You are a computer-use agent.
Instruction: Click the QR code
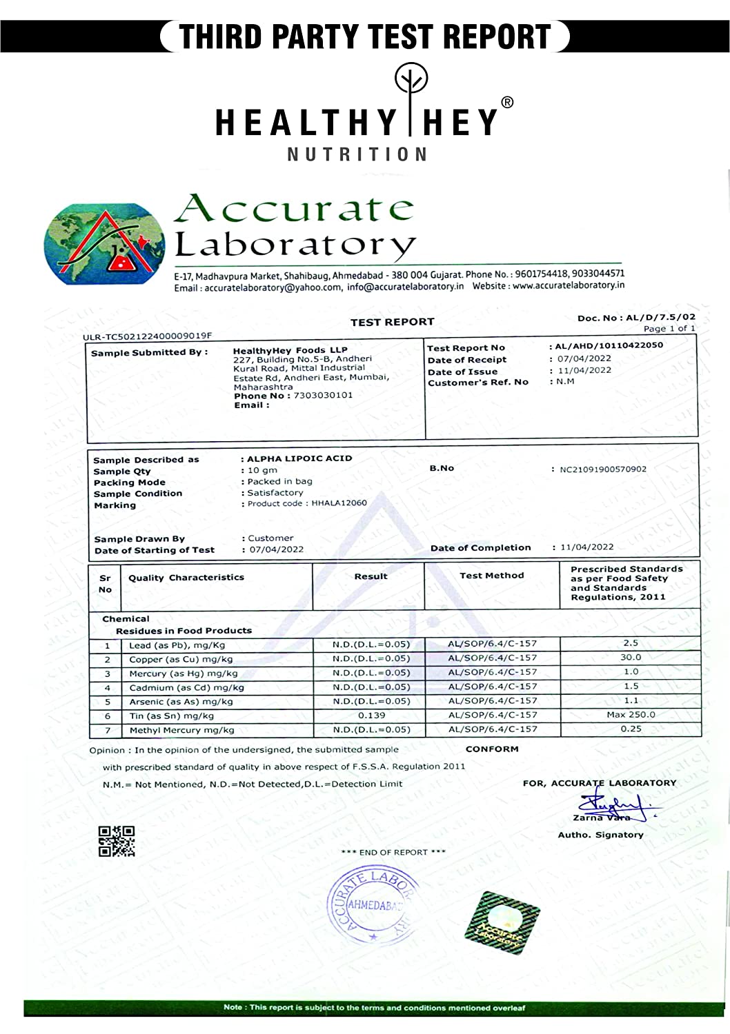[x=117, y=841]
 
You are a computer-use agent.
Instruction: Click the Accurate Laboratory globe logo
[x=104, y=243]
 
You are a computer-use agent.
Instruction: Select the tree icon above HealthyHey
[x=411, y=81]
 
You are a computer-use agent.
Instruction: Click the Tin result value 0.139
[x=371, y=716]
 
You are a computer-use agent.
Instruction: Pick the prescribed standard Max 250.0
[x=631, y=715]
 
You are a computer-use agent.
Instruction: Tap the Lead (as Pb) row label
[x=177, y=646]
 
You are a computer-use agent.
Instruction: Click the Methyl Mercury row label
[x=181, y=730]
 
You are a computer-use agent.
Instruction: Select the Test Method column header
[x=492, y=576]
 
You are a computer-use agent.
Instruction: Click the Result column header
[x=371, y=576]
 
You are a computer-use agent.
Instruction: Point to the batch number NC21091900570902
[x=602, y=469]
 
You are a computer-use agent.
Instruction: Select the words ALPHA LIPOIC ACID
[x=299, y=458]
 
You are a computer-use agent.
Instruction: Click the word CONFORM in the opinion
[x=492, y=749]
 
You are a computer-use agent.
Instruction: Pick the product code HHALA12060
[x=339, y=503]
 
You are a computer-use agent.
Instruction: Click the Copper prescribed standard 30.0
[x=631, y=658]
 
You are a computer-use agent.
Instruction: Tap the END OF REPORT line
[x=393, y=853]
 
